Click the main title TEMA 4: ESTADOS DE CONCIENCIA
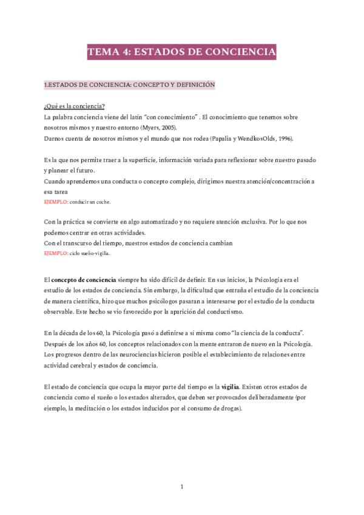[182, 53]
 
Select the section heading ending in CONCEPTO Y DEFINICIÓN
[130, 84]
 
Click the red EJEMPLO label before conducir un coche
[56, 202]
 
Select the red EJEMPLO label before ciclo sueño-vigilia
[56, 253]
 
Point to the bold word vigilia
[231, 386]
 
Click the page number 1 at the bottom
[182, 486]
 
